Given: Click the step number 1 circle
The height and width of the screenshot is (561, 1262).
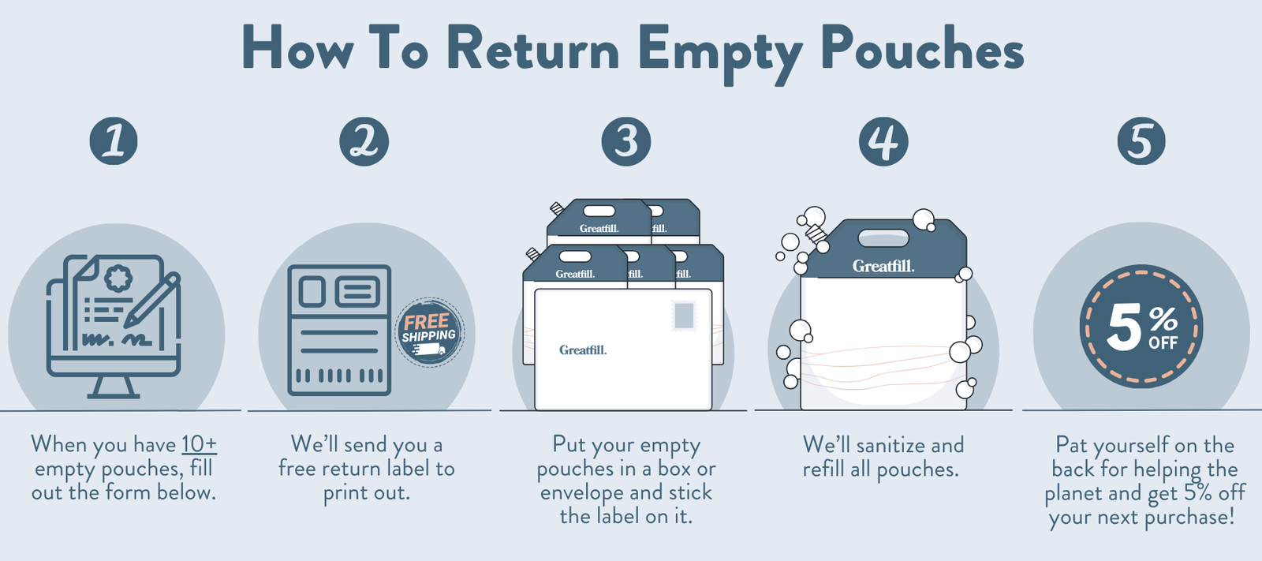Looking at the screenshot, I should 114,142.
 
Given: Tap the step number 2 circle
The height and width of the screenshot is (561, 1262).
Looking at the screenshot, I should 364,142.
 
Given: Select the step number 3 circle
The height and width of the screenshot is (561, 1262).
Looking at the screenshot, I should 626,142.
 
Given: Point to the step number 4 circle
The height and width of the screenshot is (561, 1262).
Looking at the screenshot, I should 883,142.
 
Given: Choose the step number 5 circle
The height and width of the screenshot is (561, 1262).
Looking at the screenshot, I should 1141,142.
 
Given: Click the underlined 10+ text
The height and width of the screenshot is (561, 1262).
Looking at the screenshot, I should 199,445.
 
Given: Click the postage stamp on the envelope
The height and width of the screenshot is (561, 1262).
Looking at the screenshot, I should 684,316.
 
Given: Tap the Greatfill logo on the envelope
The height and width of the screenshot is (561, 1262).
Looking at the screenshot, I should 583,350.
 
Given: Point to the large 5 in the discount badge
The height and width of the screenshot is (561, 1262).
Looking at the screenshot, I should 1123,327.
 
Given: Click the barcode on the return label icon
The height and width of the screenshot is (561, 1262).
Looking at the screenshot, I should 339,376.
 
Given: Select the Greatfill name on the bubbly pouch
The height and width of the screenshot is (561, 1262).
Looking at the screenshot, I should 883,267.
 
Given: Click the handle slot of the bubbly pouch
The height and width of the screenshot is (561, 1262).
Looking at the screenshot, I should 883,238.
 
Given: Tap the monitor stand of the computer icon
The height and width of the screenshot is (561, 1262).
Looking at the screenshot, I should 114,387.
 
